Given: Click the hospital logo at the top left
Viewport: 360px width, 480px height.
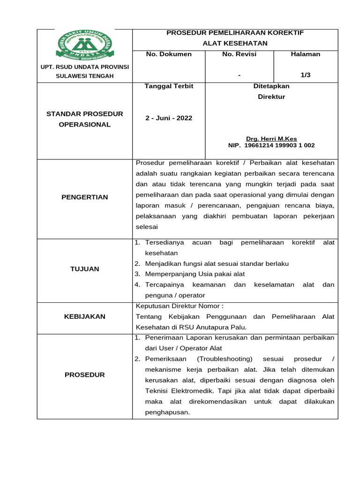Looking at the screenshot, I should [85, 45].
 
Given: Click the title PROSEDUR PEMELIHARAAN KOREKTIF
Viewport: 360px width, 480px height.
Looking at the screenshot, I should [235, 33].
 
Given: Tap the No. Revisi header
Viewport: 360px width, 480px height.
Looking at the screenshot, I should [239, 54].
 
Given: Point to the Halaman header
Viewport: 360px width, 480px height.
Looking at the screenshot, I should [305, 54].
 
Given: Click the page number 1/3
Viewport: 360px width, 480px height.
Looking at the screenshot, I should [305, 75].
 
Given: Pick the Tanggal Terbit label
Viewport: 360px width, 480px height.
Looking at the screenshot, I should [169, 86].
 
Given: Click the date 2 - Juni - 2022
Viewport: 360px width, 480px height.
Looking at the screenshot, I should [169, 118].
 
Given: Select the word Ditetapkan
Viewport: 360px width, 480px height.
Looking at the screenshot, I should [271, 86].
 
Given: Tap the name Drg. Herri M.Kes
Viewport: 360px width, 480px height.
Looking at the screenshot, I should [271, 139].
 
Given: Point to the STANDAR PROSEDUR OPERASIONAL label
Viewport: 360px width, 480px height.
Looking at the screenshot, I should [85, 120].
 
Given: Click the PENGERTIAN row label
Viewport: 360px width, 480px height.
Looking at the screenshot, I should [85, 197].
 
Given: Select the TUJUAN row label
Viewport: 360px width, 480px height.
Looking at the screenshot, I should [85, 269].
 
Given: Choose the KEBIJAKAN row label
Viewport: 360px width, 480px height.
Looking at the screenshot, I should [85, 317].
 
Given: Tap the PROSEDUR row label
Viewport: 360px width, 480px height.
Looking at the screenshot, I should [85, 375].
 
